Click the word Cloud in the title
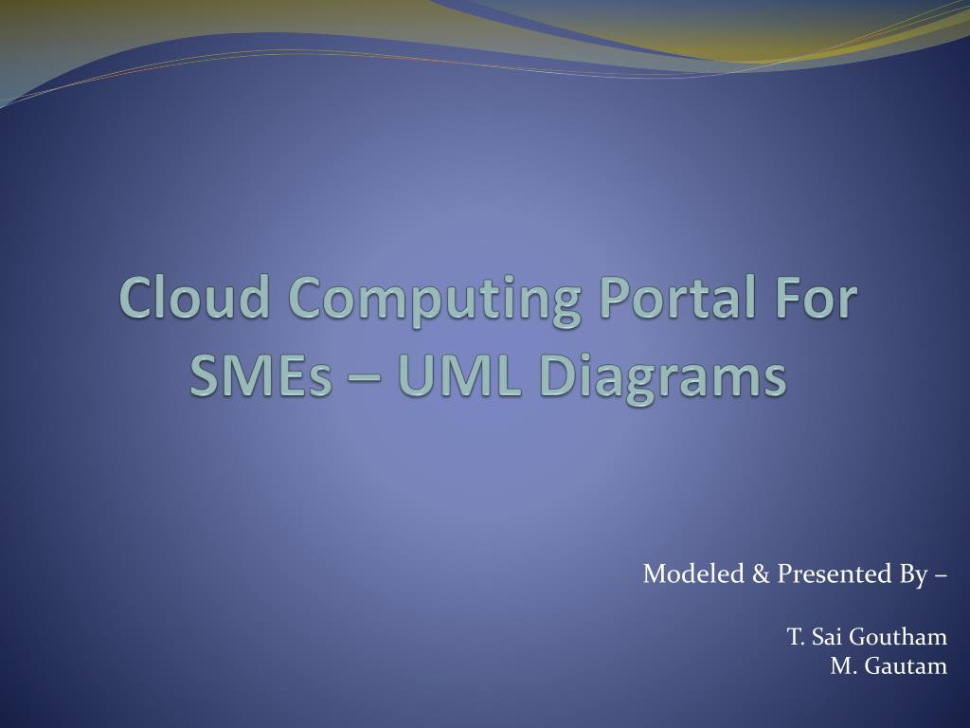pyautogui.click(x=198, y=298)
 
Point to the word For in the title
pyautogui.click(x=817, y=298)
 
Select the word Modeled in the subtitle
pyautogui.click(x=688, y=573)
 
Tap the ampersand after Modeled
pyautogui.click(x=755, y=573)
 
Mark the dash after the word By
pyautogui.click(x=939, y=574)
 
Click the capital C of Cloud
pyautogui.click(x=135, y=298)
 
